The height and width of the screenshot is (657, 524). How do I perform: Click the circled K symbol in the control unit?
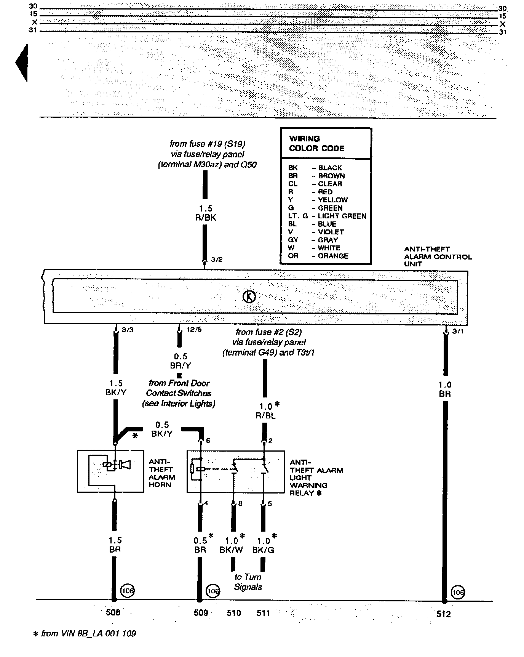coord(249,296)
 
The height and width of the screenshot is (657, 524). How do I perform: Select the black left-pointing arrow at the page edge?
coord(22,63)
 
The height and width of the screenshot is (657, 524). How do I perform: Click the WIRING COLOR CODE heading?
coord(316,144)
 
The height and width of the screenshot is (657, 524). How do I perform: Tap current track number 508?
coord(113,612)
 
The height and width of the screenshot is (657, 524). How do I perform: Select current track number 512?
coord(444,614)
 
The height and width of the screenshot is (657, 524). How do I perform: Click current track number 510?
coord(234,613)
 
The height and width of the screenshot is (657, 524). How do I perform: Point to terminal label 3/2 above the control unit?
coord(216,260)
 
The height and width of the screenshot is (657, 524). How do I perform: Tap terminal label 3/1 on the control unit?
coord(458,332)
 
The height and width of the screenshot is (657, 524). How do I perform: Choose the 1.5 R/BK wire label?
coord(205,213)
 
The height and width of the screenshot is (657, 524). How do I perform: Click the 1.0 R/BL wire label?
coord(266,411)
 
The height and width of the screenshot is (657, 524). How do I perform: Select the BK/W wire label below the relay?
coord(231,550)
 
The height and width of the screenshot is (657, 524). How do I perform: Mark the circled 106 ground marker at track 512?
coord(458,593)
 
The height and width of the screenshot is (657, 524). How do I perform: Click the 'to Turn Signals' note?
coord(248,582)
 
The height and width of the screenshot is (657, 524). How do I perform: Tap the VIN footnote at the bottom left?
coord(85,634)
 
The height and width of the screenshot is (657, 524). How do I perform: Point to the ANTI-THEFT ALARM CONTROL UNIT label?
coord(438,256)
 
